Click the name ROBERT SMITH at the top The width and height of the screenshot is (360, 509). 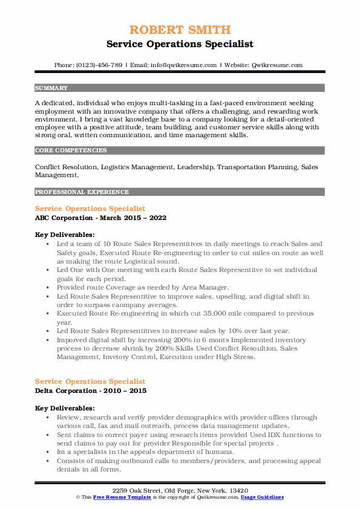pos(180,30)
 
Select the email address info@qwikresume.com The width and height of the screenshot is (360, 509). pos(183,65)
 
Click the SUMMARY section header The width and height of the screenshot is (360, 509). pos(51,88)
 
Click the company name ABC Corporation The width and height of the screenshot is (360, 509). pos(64,218)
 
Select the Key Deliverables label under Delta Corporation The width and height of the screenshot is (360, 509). pos(64,408)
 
